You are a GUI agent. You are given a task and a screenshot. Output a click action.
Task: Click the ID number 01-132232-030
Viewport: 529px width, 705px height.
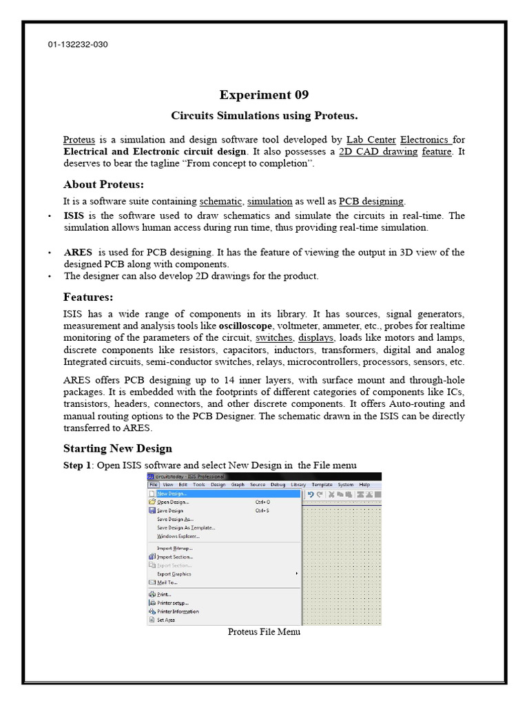point(78,45)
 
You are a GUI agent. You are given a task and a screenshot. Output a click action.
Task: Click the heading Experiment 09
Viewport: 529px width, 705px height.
point(264,95)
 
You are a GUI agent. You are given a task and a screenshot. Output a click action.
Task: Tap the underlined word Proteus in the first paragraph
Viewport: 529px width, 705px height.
point(79,139)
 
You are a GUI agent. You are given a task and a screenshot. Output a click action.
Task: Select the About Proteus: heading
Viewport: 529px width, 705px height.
point(103,185)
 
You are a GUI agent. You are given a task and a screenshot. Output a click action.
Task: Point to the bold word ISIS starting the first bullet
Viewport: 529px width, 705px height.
point(74,215)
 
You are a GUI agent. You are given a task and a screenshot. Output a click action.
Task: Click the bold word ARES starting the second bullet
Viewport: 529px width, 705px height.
point(78,252)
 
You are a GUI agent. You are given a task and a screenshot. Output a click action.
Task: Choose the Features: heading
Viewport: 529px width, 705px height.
point(88,297)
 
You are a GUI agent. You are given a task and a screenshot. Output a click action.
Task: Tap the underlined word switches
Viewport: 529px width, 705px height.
point(274,337)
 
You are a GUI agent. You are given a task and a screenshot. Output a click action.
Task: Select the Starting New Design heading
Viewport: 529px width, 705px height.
point(118,449)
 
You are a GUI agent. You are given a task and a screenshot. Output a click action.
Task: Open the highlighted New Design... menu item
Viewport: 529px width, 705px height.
point(172,494)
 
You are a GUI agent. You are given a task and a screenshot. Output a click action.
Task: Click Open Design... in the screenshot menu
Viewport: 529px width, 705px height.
point(173,502)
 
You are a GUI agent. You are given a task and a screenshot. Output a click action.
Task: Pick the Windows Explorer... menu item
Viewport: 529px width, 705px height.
point(178,536)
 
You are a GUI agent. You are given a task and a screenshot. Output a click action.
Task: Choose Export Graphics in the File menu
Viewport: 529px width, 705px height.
point(174,574)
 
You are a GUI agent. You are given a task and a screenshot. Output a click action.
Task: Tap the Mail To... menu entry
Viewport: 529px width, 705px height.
point(167,582)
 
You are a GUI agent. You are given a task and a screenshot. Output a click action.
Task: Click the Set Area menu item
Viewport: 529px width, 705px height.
point(165,620)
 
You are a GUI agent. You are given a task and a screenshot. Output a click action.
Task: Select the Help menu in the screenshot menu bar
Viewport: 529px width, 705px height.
point(364,485)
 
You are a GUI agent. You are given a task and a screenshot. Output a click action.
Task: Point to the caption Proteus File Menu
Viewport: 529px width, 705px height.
point(264,632)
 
